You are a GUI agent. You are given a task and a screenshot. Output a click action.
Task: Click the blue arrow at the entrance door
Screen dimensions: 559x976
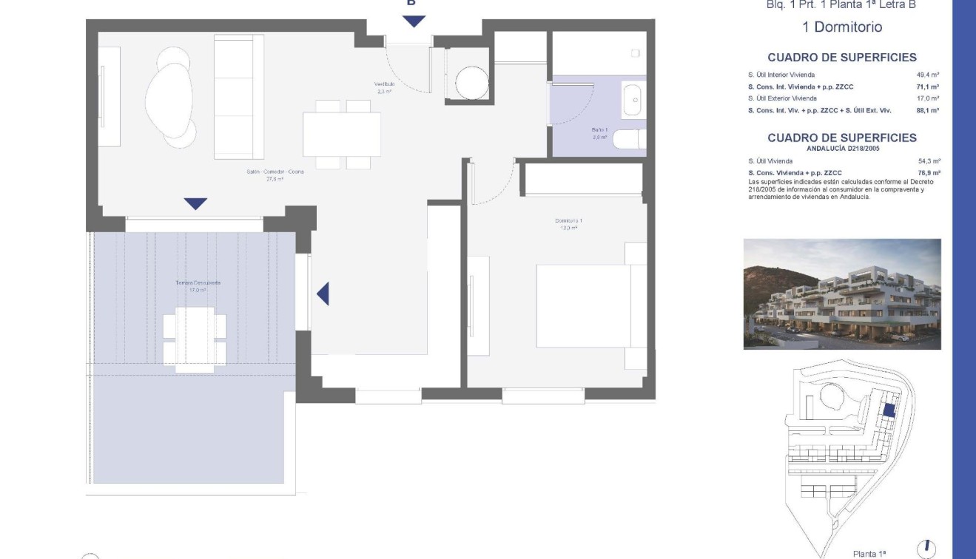pyautogui.click(x=414, y=21)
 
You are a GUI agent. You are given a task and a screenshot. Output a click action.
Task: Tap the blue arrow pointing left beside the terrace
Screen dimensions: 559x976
pyautogui.click(x=323, y=294)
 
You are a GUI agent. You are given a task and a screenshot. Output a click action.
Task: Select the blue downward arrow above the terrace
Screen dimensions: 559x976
pyautogui.click(x=195, y=203)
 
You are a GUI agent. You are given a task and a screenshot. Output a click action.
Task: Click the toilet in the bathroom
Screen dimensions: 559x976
pyautogui.click(x=630, y=139)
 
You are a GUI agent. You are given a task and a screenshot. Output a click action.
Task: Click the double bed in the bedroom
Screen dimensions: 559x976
pyautogui.click(x=583, y=305)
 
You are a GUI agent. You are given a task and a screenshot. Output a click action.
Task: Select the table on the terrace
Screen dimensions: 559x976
pyautogui.click(x=195, y=335)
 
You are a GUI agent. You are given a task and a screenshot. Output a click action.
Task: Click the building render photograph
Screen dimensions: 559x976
pyautogui.click(x=842, y=294)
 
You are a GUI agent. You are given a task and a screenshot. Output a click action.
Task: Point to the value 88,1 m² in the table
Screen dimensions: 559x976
pyautogui.click(x=928, y=110)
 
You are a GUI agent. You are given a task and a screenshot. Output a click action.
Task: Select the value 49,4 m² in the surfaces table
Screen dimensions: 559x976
pyautogui.click(x=928, y=75)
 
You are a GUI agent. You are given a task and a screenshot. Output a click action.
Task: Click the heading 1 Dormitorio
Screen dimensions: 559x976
pyautogui.click(x=842, y=27)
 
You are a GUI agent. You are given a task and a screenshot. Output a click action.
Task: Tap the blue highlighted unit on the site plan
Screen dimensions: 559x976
pyautogui.click(x=889, y=410)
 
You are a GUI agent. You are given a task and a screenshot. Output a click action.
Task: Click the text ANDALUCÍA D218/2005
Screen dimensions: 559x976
pyautogui.click(x=842, y=149)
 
